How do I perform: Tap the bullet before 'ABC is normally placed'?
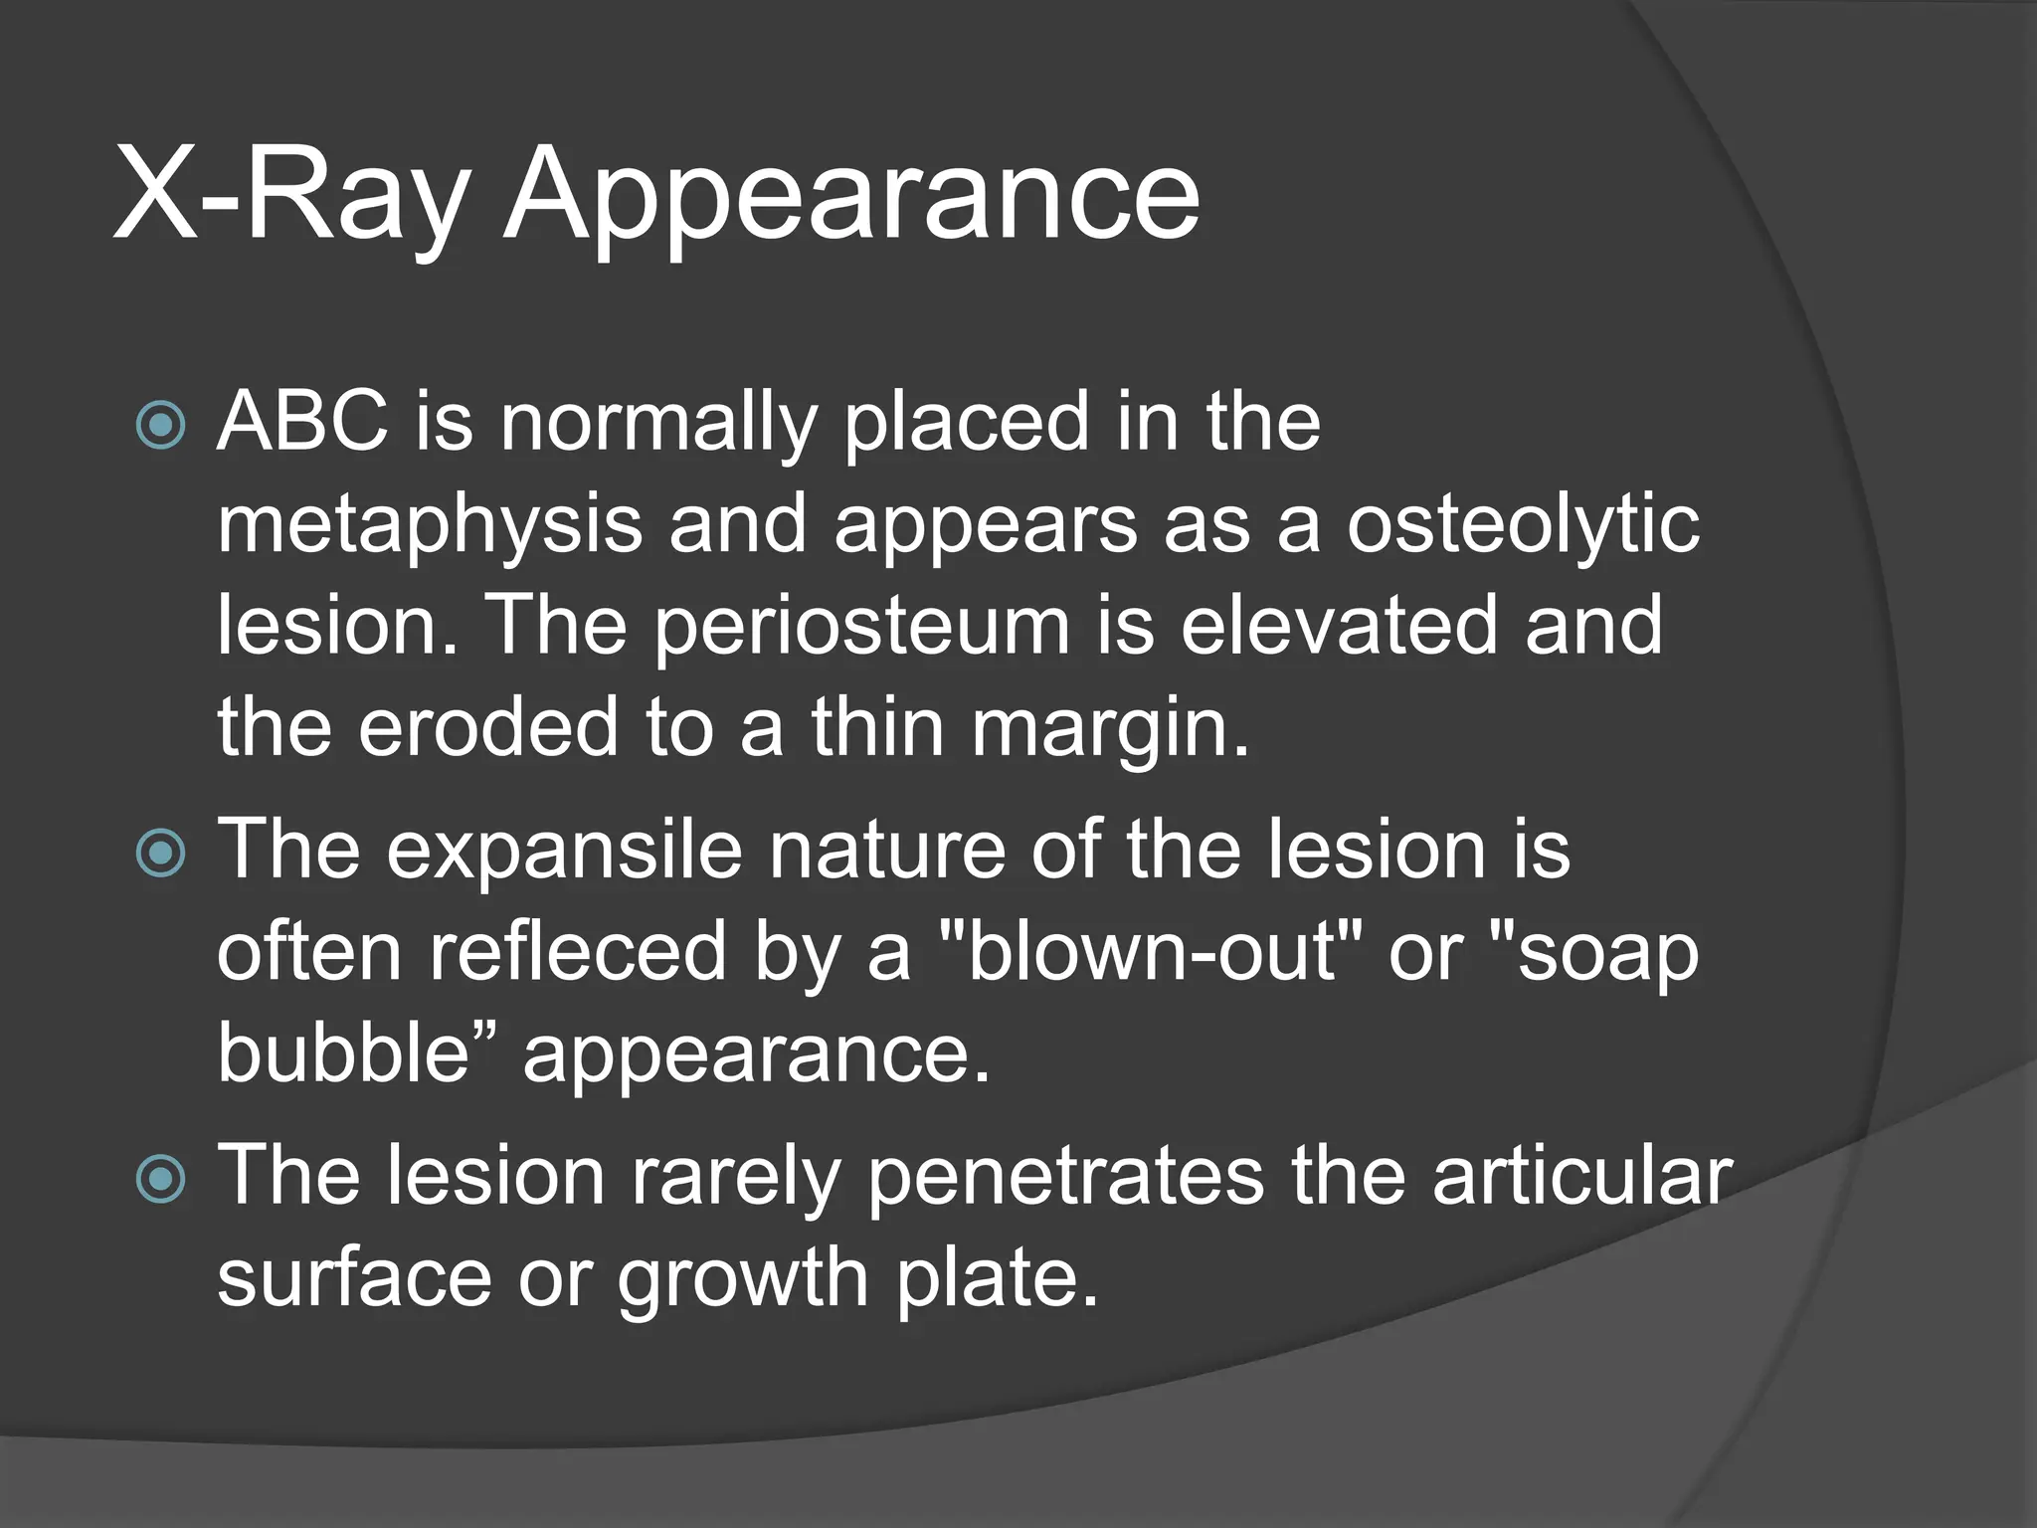coord(160,425)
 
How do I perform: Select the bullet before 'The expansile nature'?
coord(160,853)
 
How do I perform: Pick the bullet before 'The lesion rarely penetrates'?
coord(160,1179)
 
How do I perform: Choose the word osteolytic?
coord(1523,524)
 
